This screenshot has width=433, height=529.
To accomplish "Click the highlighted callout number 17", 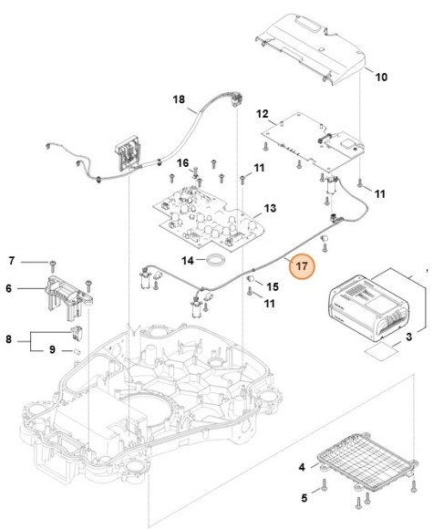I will click(x=302, y=266).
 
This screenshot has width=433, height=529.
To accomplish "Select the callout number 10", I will click(x=381, y=77).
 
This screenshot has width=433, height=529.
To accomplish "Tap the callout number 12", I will click(x=263, y=114).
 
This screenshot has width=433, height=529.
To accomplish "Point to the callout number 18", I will click(x=179, y=99).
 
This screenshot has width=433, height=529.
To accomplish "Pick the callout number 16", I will click(x=182, y=163).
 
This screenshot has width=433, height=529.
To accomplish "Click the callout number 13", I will click(x=269, y=209).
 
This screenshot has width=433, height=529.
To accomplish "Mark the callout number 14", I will click(x=186, y=261).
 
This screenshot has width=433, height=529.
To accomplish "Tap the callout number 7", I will click(x=12, y=261).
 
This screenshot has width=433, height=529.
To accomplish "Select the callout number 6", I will click(x=10, y=288).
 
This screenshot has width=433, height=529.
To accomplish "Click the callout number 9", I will click(x=52, y=349).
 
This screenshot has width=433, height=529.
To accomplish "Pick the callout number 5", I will click(x=304, y=497).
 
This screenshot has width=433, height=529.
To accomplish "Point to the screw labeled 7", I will click(x=54, y=262).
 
